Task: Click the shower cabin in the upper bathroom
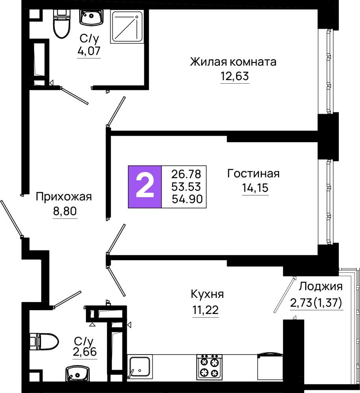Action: pos(127,27)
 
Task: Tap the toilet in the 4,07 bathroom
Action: pos(61,24)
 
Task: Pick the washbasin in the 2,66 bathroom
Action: pos(77,373)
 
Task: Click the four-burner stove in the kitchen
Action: pos(209,367)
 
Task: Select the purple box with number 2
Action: pos(145,187)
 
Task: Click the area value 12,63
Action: pos(235,76)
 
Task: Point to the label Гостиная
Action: pos(253,173)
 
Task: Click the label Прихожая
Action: pos(64,197)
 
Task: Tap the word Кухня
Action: pos(207,294)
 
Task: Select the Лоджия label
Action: pos(320,286)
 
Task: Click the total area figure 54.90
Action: pos(187,199)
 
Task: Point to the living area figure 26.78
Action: pos(186,174)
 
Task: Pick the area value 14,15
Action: pos(255,187)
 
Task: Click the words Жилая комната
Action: pos(233,62)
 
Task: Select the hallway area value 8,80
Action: pos(65,211)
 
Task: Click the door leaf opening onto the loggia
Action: pos(284,295)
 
